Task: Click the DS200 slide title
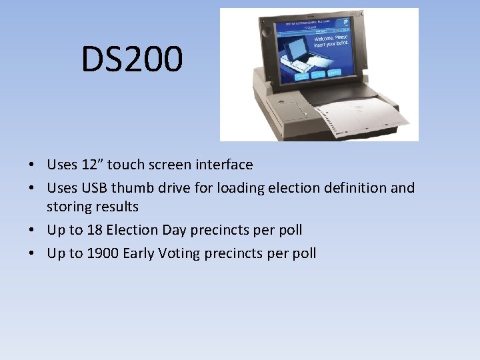pyautogui.click(x=131, y=59)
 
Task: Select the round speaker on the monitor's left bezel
pyautogui.click(x=266, y=31)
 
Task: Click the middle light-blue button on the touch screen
pyautogui.click(x=318, y=75)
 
